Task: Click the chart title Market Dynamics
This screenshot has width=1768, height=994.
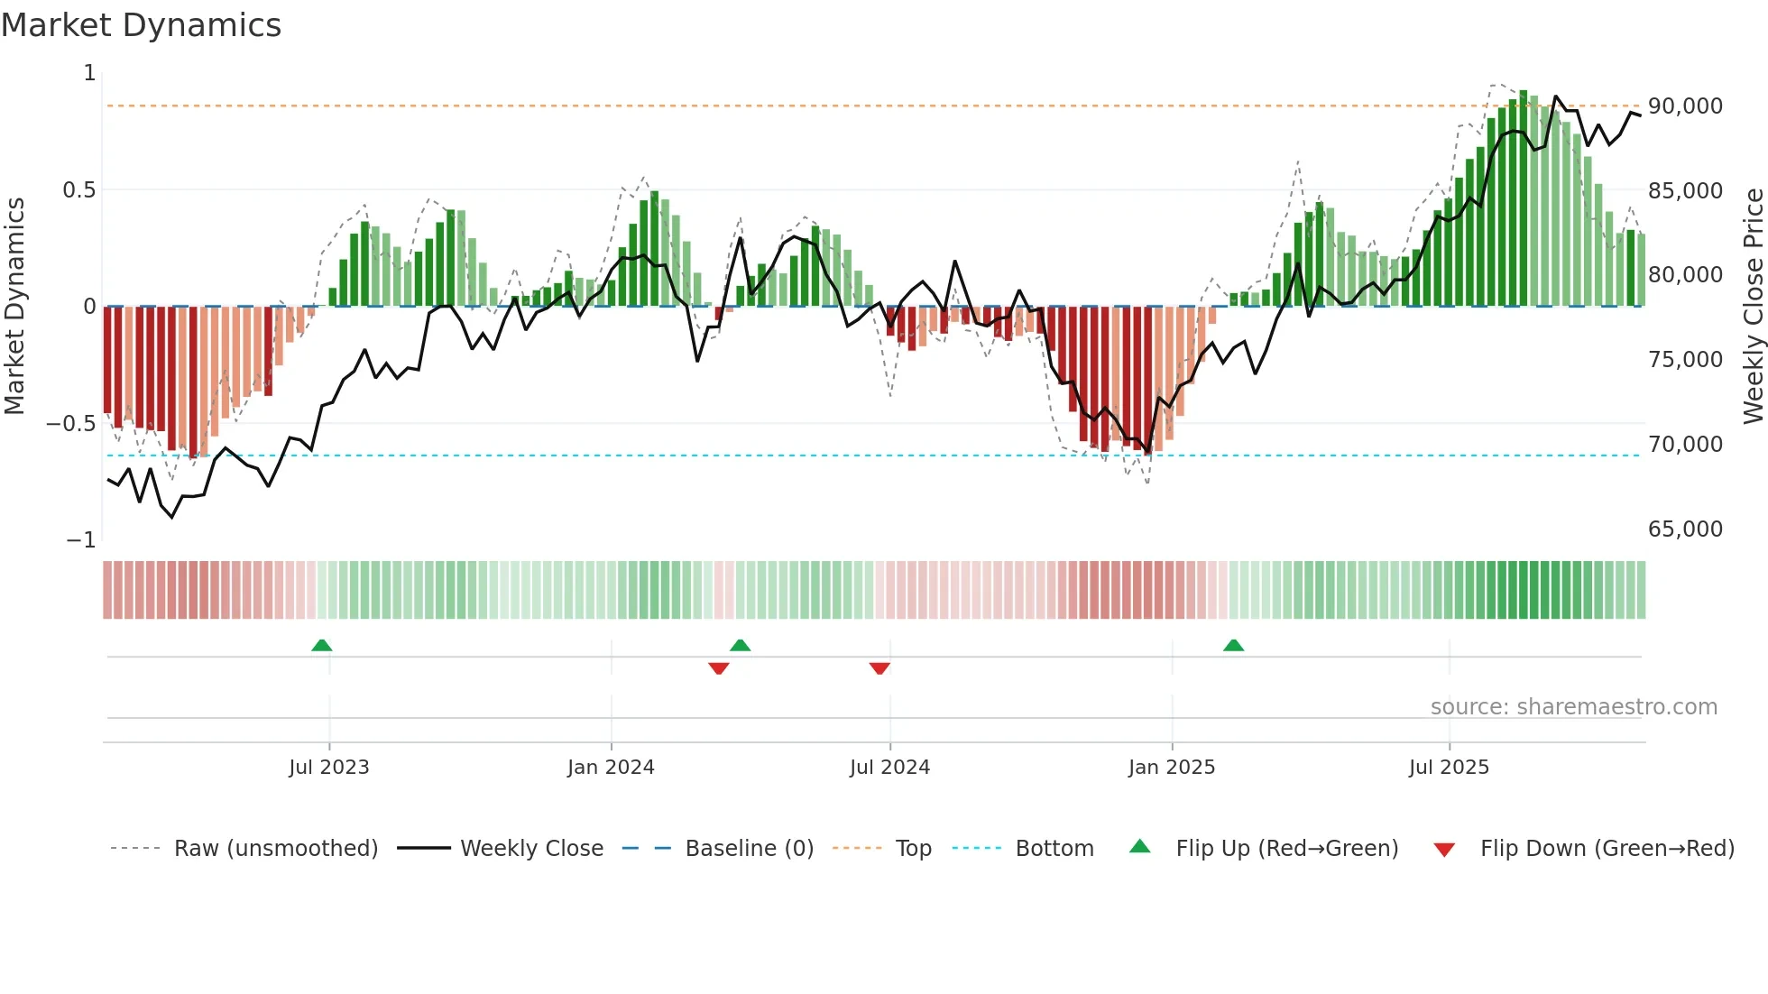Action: point(141,25)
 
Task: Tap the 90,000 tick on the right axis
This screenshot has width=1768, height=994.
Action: point(1685,106)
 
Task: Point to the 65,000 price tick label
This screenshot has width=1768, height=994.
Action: point(1685,529)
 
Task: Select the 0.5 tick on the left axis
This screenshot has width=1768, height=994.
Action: point(78,190)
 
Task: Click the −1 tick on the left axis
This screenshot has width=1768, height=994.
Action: point(80,540)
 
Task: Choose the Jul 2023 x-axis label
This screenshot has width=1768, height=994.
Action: point(329,768)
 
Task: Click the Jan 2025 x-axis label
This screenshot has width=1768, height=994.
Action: point(1171,768)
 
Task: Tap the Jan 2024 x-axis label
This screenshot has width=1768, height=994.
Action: point(611,768)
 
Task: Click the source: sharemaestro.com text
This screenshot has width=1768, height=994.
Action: point(1573,707)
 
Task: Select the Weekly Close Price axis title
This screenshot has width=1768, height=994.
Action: point(1753,306)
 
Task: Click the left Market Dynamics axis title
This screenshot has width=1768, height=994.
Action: point(14,306)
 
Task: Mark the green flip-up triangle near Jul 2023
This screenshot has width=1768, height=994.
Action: point(322,645)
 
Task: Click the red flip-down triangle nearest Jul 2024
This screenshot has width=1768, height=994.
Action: point(879,668)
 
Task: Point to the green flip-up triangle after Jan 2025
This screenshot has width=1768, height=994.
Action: point(1233,645)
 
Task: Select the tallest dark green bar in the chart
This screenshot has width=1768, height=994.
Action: point(1523,198)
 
